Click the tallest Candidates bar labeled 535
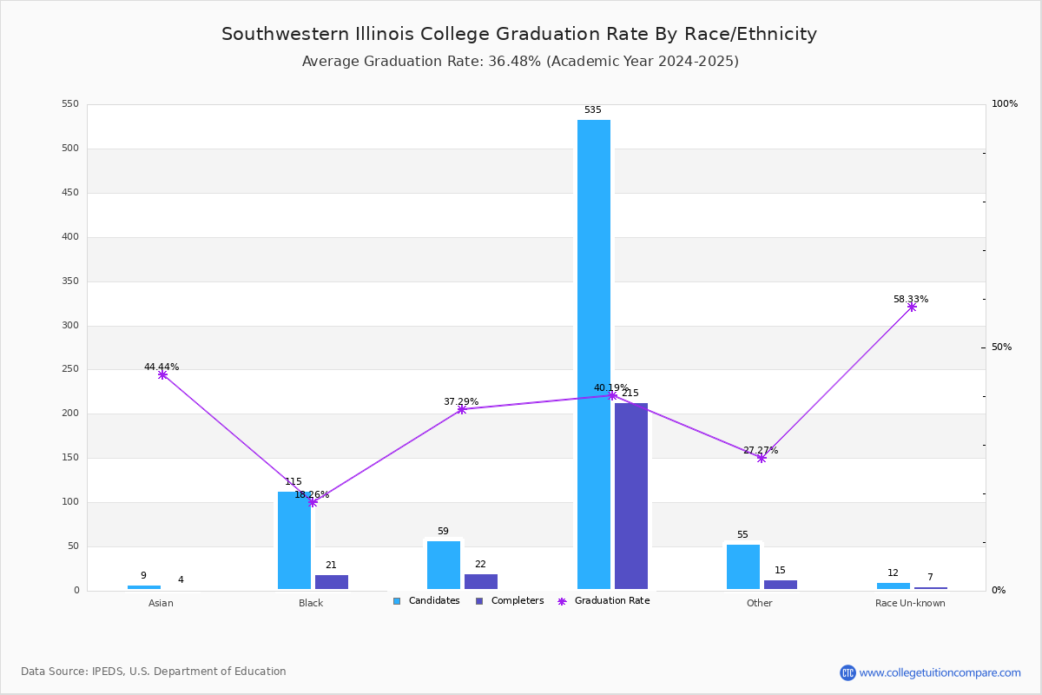click(x=594, y=354)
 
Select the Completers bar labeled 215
click(x=631, y=496)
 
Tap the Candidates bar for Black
click(x=294, y=540)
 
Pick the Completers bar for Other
click(x=781, y=585)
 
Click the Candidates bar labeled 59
click(x=444, y=566)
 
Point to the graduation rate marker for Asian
click(x=162, y=374)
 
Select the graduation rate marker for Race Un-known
click(x=912, y=307)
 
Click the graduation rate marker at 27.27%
click(x=762, y=458)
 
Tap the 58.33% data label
click(x=910, y=299)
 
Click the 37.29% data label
click(x=460, y=401)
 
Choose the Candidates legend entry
click(x=426, y=601)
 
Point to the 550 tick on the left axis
click(x=70, y=104)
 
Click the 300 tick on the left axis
click(x=70, y=326)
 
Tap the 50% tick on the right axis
click(x=1001, y=347)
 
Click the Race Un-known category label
click(x=910, y=603)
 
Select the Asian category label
click(x=161, y=603)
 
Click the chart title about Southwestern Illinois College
click(x=519, y=34)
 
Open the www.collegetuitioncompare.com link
click(x=940, y=672)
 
